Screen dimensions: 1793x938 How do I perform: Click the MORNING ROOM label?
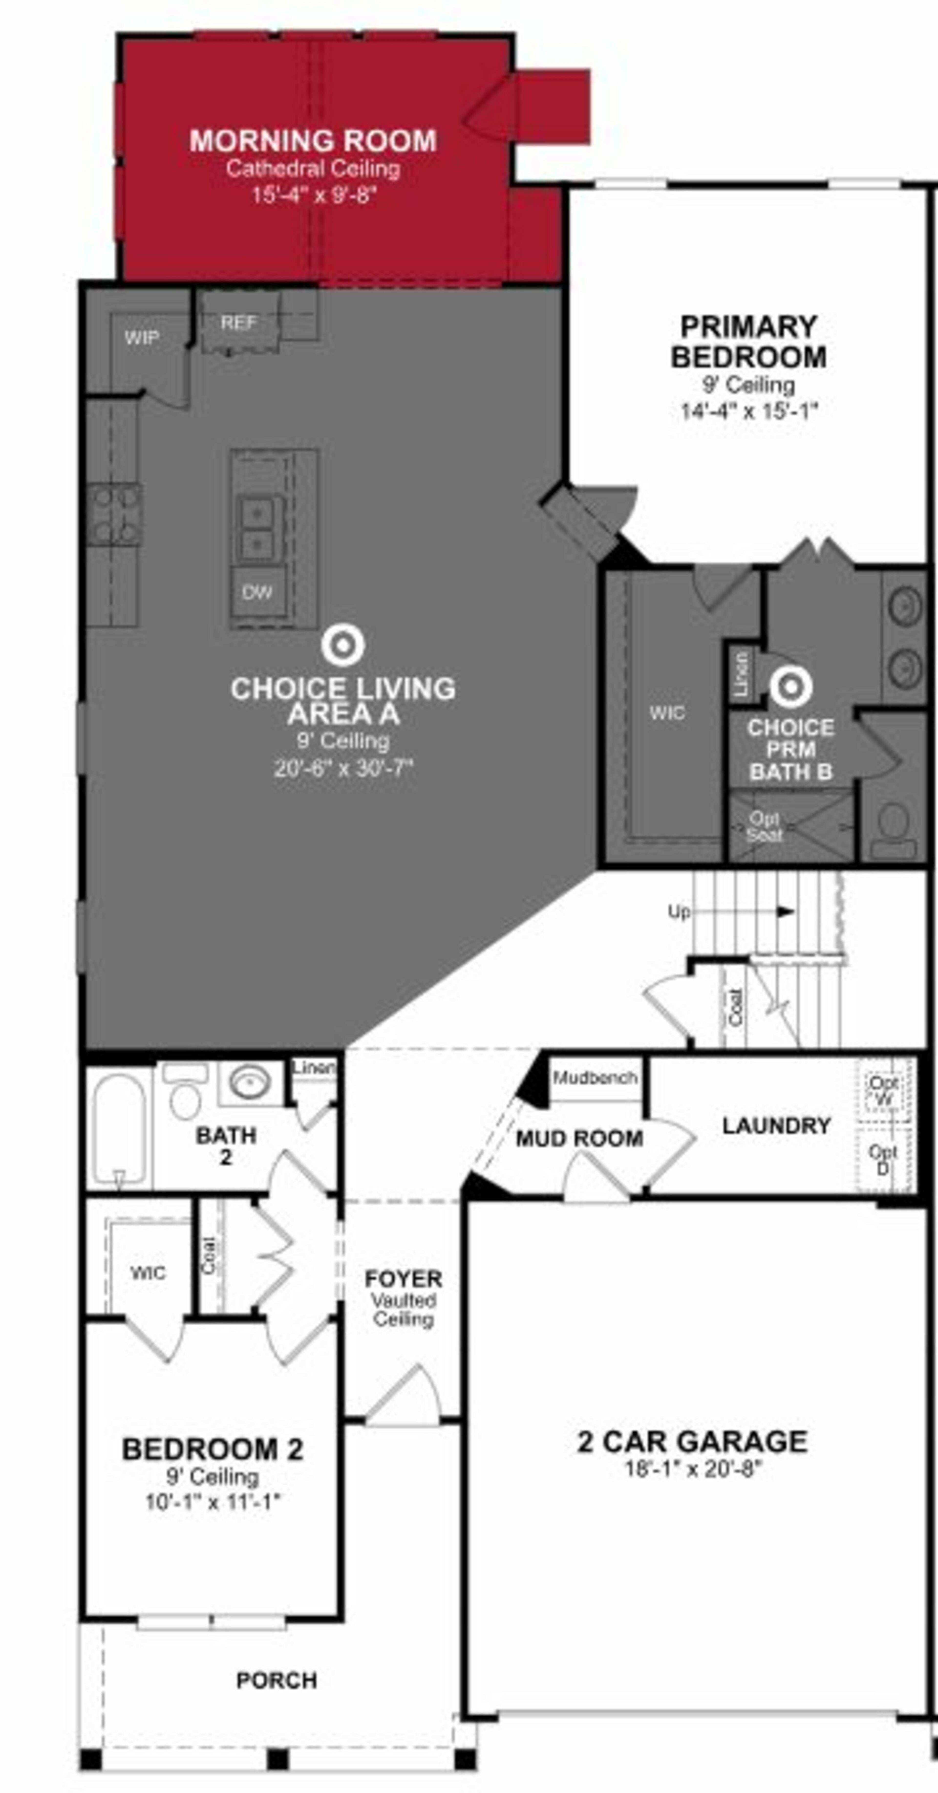(313, 140)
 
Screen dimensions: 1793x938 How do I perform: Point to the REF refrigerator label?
(239, 322)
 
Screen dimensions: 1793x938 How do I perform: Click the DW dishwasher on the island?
(257, 592)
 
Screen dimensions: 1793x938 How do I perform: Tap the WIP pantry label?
(142, 338)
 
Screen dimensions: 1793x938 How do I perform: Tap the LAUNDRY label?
(776, 1125)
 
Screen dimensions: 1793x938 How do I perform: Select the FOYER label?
(404, 1279)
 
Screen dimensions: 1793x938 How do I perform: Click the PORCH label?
(277, 1680)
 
